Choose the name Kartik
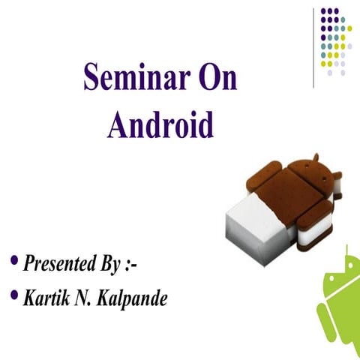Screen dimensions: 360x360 46,298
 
